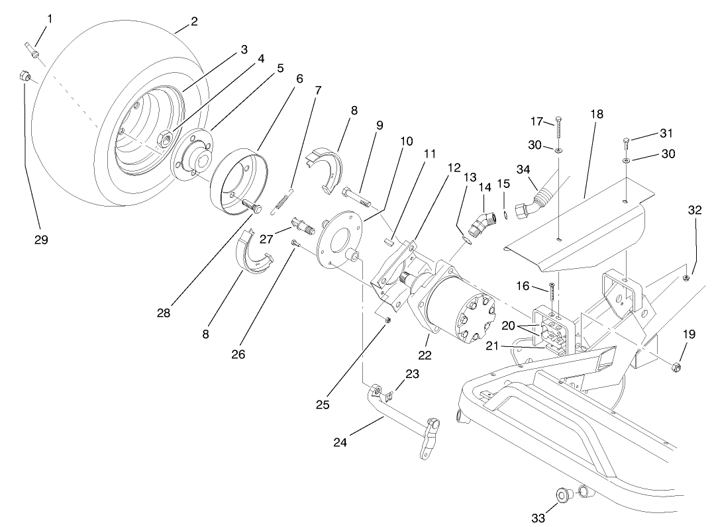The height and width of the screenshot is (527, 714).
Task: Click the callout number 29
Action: tap(41, 240)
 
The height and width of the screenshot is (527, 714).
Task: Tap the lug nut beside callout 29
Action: tap(23, 77)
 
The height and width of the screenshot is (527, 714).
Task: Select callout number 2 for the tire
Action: tap(193, 21)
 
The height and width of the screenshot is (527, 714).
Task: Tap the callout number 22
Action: tap(425, 356)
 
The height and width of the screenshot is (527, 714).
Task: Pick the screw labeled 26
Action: tap(295, 244)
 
